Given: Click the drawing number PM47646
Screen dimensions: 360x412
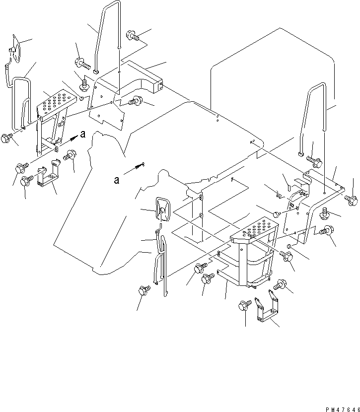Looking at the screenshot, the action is point(343,410).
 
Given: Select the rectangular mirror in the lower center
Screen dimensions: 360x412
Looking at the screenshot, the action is point(163,210).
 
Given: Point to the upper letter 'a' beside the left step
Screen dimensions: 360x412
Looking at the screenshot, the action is point(83,134).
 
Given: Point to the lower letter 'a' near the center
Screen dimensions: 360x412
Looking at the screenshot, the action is point(116,180).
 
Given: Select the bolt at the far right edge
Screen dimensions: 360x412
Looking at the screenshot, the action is point(352,201).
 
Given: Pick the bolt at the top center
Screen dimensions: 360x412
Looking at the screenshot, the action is point(133,35).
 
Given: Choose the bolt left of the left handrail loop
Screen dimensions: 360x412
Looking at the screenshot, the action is point(6,138).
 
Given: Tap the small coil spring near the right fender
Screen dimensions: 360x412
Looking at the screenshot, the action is point(280,195).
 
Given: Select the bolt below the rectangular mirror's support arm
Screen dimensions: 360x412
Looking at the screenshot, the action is point(144,290).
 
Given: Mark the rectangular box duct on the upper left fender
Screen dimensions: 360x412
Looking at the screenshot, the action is point(145,76).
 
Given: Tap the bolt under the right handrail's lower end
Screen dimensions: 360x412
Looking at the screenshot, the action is point(314,162).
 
